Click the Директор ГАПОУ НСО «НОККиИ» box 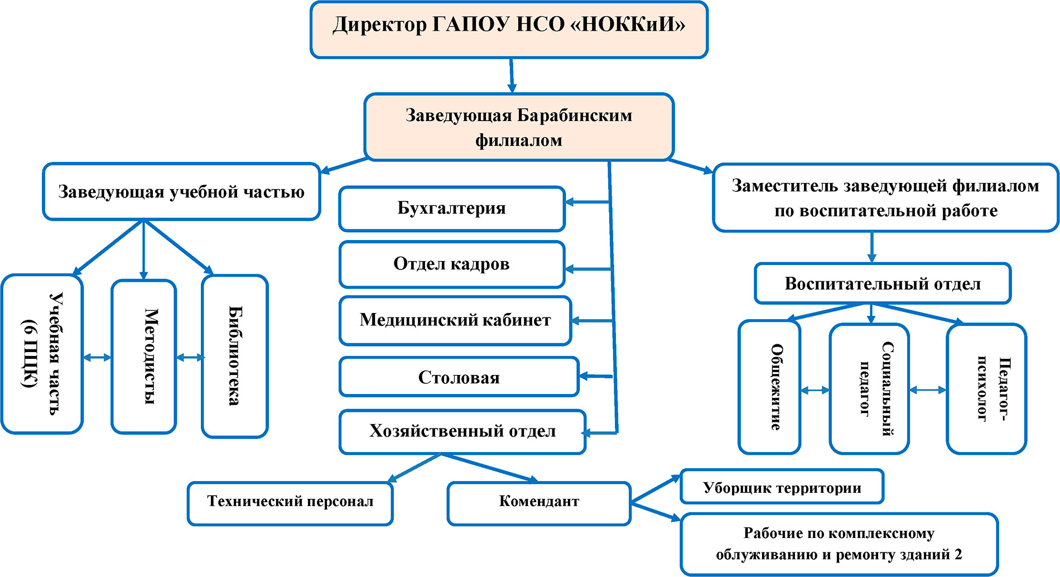tap(509, 30)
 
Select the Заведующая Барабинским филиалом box tap(519, 127)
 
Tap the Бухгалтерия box tap(452, 209)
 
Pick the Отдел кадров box tap(452, 264)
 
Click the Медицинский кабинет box tap(455, 320)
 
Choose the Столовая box tap(459, 377)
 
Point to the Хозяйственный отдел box tap(462, 431)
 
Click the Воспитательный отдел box tap(883, 283)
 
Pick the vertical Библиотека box tap(235, 356)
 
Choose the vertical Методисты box tap(144, 356)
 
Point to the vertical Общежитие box tap(769, 387)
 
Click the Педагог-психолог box tap(986, 388)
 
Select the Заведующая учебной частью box tap(181, 192)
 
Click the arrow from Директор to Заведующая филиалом tap(511, 75)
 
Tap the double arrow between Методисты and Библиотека tap(190, 358)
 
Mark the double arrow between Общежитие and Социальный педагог tap(815, 391)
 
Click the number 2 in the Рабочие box tap(958, 555)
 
